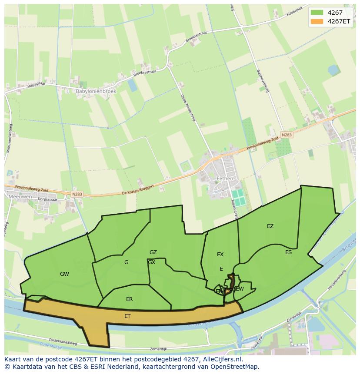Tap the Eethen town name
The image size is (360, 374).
pos(225,179)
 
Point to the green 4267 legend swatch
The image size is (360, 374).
pos(317,13)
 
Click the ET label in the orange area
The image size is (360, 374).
pos(127,316)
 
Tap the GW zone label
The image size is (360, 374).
pos(64,274)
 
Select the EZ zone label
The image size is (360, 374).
pos(270,226)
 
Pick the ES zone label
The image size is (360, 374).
pos(288,252)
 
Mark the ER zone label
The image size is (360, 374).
pos(129,299)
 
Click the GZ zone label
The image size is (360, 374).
pos(153,252)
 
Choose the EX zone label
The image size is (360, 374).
pos(220,254)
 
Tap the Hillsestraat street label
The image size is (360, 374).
pos(36,84)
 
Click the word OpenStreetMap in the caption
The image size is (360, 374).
pos(237,367)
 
